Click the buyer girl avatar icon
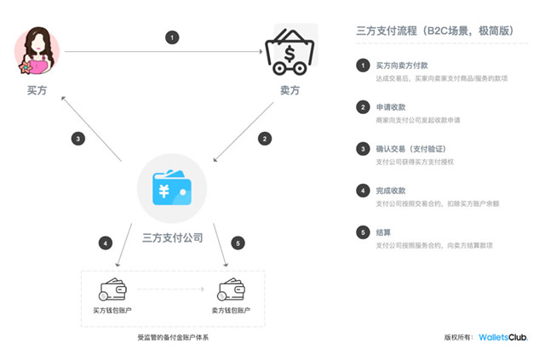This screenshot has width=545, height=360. click(x=37, y=51)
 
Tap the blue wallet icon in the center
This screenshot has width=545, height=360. click(x=173, y=188)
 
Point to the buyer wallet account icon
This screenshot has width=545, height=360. click(x=113, y=289)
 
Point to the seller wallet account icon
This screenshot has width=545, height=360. click(x=231, y=289)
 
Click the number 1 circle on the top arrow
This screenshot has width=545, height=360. click(x=174, y=37)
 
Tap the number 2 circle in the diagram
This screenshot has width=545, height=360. click(x=265, y=138)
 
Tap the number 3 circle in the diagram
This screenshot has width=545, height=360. click(x=77, y=138)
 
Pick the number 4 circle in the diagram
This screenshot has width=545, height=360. click(x=105, y=243)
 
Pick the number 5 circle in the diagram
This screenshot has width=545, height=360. click(x=238, y=243)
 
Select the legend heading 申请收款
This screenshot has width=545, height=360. click(x=391, y=107)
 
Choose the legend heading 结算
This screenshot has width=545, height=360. click(x=384, y=232)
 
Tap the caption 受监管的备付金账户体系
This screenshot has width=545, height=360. click(x=173, y=338)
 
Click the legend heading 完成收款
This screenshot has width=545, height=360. click(x=391, y=191)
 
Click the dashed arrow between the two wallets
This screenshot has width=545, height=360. click(x=172, y=290)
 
